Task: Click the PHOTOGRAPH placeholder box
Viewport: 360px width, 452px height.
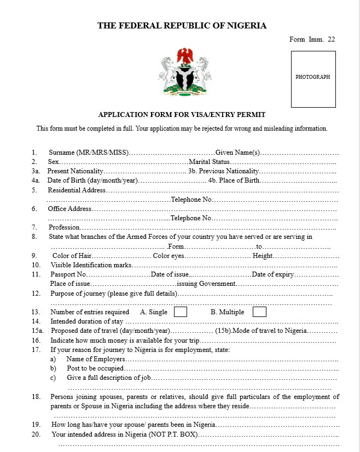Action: point(313,79)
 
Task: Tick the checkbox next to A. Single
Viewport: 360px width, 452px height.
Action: point(180,312)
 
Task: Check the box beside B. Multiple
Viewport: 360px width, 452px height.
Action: point(259,312)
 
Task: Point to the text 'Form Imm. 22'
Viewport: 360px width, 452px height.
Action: point(312,39)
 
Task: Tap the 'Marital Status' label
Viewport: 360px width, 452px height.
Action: point(209,162)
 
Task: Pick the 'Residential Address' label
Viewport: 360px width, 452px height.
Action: point(77,190)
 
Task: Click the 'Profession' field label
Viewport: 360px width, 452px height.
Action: point(65,227)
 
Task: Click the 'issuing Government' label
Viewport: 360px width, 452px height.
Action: point(206,284)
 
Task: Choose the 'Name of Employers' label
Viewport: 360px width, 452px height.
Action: point(96,359)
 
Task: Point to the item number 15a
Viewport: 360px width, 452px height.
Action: point(37,331)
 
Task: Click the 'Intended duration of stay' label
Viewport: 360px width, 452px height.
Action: point(87,321)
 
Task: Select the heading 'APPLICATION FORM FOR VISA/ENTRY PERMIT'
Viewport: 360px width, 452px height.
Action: point(182,115)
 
